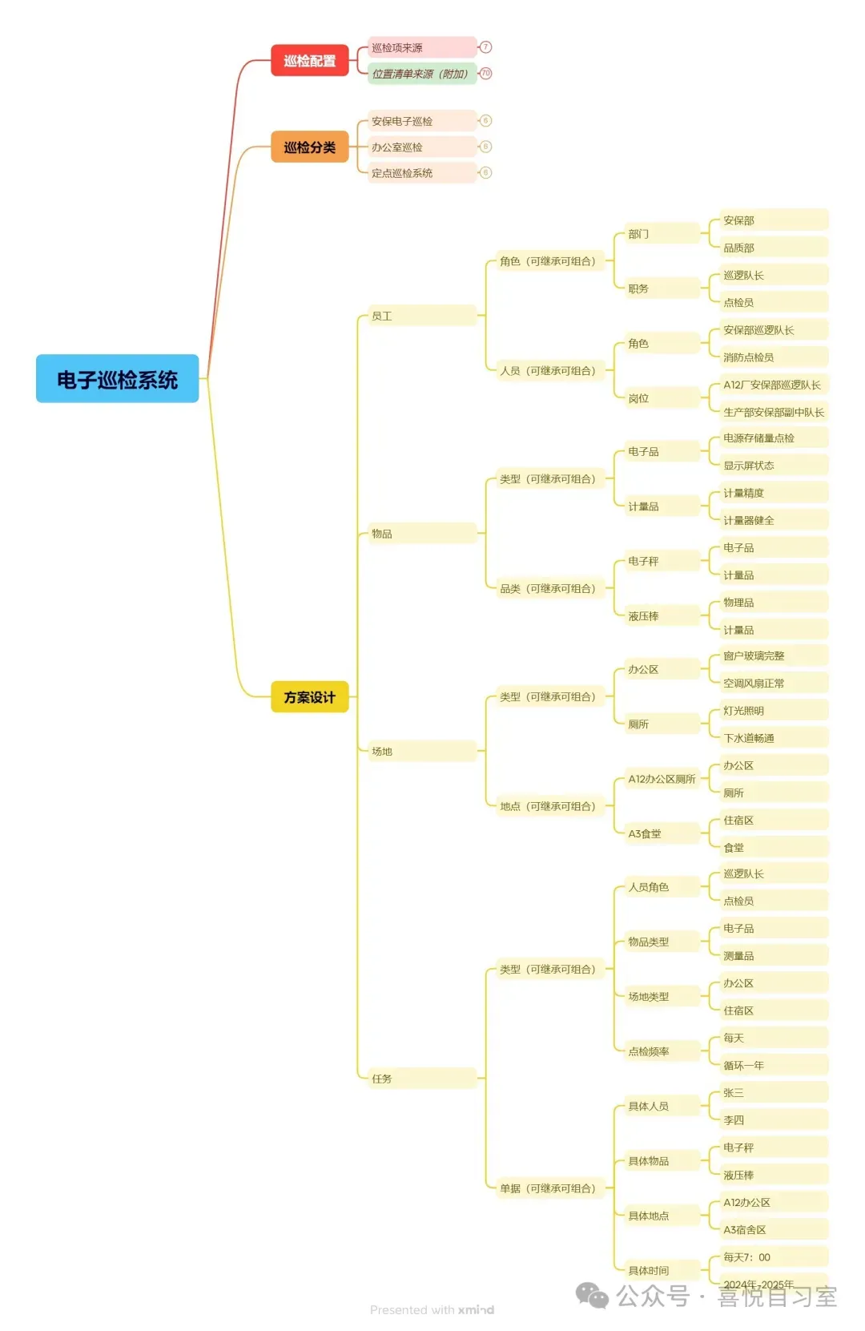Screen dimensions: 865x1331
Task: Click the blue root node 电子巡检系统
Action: click(117, 379)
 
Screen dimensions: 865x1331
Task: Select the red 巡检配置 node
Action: click(309, 61)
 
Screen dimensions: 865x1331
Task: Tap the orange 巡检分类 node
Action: click(309, 147)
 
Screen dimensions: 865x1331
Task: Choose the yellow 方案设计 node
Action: click(309, 697)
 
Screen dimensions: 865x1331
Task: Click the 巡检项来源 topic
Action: click(421, 48)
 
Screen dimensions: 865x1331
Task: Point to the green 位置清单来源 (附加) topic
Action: click(421, 74)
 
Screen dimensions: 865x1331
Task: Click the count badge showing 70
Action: click(485, 74)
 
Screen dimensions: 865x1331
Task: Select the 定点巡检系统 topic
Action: click(421, 173)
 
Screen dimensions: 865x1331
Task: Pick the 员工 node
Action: click(421, 317)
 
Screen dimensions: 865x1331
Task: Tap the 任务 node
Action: click(421, 1079)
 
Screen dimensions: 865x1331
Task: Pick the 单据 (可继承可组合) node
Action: click(548, 1189)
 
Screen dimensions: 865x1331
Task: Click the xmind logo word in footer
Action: click(476, 1310)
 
